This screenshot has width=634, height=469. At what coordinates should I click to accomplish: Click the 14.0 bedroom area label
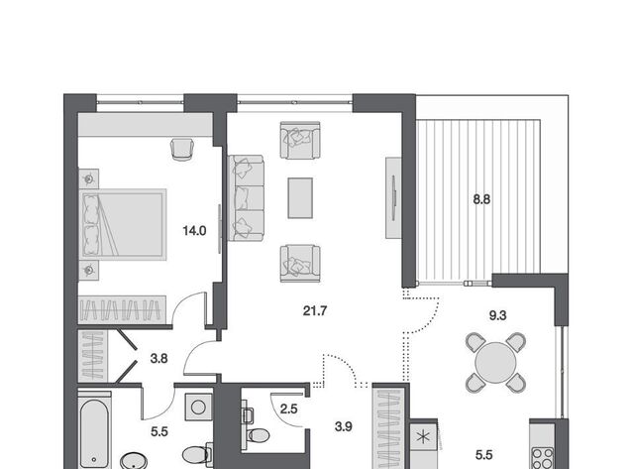tap(194, 231)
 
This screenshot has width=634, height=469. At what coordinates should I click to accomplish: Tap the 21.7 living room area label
tap(315, 310)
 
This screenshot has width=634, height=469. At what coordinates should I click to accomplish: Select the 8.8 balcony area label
tap(481, 199)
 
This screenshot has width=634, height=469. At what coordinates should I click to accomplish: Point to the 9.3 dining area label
tap(497, 315)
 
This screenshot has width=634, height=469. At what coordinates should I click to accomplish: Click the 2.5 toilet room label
tap(288, 409)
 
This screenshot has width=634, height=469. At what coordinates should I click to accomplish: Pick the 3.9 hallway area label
tap(344, 426)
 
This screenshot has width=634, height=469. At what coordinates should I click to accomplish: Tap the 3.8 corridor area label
tap(158, 359)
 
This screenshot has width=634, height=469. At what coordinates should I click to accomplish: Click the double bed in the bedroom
tap(123, 225)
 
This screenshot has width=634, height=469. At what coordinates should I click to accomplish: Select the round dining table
tap(495, 363)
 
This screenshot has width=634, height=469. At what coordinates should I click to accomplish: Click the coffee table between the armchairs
tap(300, 198)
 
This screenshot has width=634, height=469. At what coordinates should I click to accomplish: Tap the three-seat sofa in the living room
tap(246, 198)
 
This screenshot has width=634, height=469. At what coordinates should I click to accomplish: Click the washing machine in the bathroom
tap(198, 408)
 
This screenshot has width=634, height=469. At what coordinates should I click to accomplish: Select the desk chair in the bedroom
tap(182, 150)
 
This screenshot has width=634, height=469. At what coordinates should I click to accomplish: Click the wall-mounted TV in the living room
tap(393, 197)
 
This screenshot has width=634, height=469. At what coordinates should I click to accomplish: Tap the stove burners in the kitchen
tap(543, 458)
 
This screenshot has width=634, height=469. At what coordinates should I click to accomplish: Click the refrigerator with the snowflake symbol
tap(423, 437)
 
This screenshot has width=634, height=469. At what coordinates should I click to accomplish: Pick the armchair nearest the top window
tap(300, 140)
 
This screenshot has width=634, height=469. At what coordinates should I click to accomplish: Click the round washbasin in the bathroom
tap(134, 461)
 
